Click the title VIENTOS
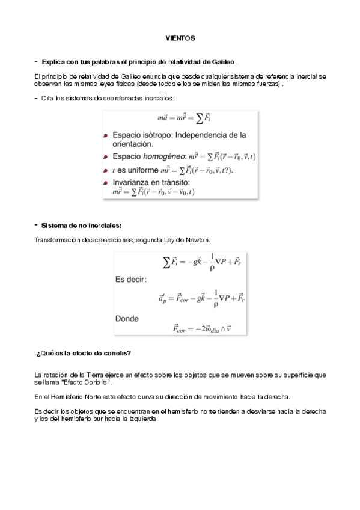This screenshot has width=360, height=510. (180, 38)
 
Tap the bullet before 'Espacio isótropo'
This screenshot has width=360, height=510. (105, 136)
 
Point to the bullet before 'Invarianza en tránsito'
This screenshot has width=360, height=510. (105, 182)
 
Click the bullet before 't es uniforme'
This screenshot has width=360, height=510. (105, 170)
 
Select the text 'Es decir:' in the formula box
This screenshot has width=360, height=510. (131, 280)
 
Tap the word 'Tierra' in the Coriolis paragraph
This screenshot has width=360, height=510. (95, 375)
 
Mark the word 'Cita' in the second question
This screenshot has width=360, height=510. (46, 97)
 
